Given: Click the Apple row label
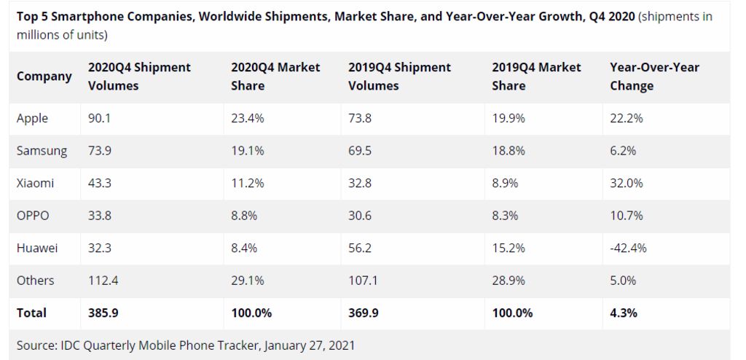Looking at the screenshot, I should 32,119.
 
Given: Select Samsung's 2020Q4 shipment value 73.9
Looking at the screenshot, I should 100,151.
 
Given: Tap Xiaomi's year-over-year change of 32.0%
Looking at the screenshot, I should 626,183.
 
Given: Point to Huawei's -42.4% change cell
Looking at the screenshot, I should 628,248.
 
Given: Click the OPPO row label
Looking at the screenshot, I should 34,216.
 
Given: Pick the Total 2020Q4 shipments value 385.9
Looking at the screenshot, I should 102,313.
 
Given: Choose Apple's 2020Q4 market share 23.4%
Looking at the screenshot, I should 247,119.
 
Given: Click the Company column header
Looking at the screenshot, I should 44,77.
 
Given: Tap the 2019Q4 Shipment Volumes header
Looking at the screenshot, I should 400,77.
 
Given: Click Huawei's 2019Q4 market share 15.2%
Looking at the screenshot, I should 509,248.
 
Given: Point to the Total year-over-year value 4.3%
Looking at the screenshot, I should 624,313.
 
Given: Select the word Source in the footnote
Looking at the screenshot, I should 36,343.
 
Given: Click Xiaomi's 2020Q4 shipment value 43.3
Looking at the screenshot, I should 100,183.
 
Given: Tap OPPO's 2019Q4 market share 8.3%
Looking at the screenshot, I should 506,216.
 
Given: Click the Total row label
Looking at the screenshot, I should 31,313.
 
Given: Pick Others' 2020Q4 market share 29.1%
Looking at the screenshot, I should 247,280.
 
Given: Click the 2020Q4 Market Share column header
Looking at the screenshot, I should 275,77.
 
